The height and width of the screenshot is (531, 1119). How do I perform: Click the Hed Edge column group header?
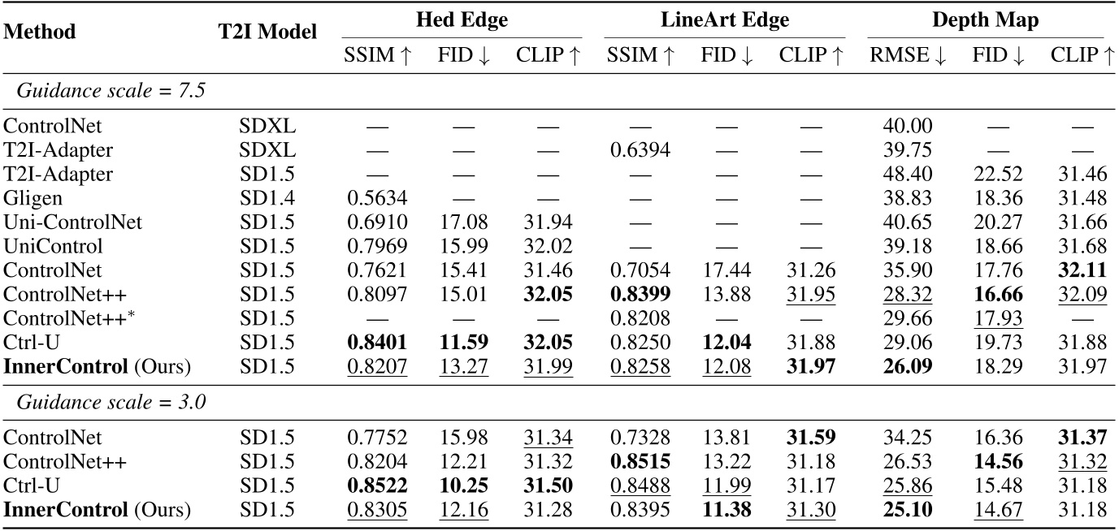[462, 21]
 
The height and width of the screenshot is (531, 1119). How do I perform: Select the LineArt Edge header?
[725, 21]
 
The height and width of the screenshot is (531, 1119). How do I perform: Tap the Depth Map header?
[985, 21]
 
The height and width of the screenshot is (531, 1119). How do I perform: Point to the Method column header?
[40, 32]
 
